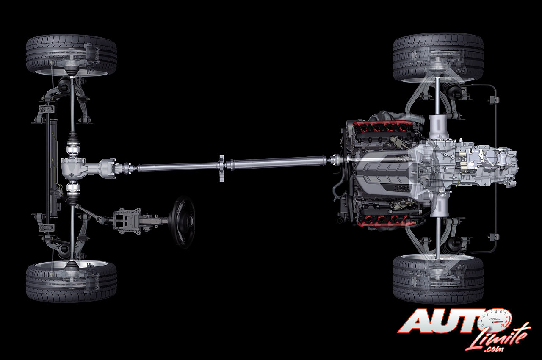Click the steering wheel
[182, 222]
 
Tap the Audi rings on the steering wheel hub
[187, 220]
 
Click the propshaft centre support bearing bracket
[221, 169]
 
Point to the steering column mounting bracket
[127, 221]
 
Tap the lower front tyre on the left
[71, 281]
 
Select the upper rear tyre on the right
[438, 58]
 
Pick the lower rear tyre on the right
[438, 279]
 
